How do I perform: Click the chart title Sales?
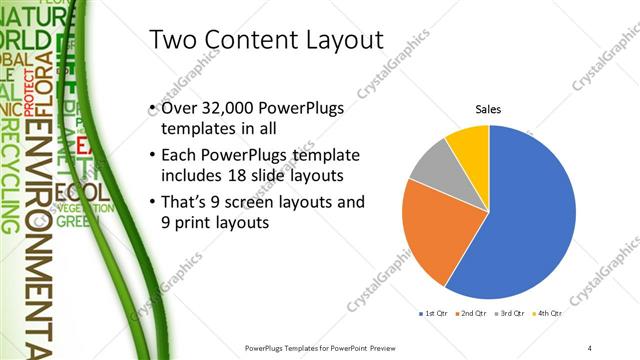488,109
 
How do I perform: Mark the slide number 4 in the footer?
591,346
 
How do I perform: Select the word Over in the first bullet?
179,110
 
